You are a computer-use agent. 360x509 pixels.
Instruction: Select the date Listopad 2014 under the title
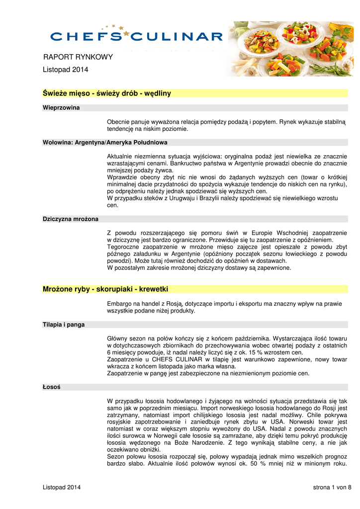coord(65,70)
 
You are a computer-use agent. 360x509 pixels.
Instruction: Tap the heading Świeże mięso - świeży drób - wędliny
coord(107,93)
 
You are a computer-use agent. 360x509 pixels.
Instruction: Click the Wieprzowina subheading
coord(61,107)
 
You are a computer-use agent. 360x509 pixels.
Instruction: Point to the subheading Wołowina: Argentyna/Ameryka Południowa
coord(105,142)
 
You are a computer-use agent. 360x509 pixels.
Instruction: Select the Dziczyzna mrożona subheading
coord(71,219)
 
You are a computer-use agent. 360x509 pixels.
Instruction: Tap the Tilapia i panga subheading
coord(64,325)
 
